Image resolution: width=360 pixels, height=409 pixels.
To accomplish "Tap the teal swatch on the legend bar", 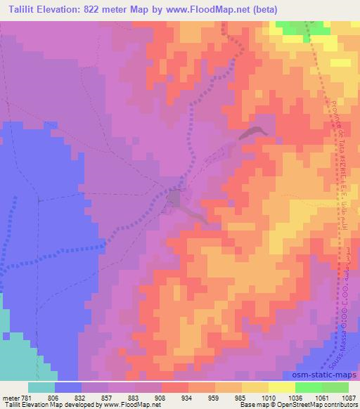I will [41, 387].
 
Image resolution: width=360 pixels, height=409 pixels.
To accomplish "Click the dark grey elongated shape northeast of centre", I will [253, 131].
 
